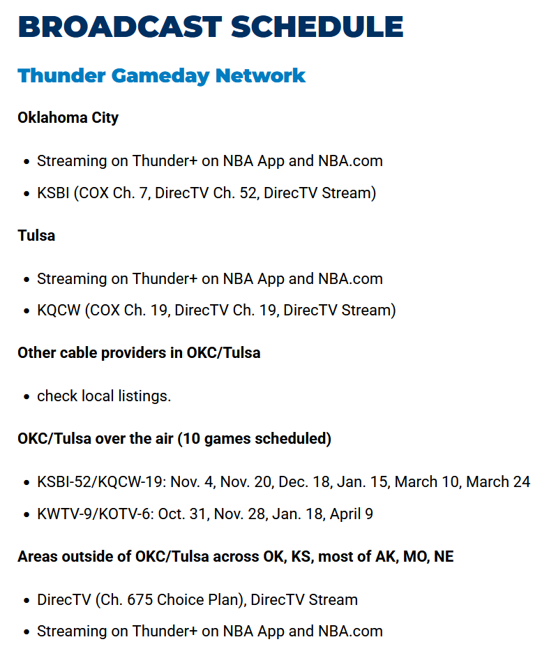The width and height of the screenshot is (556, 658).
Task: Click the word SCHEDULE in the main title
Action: pos(317,27)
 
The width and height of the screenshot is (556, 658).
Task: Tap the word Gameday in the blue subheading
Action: pos(160,76)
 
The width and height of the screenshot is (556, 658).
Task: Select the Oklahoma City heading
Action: pos(68,117)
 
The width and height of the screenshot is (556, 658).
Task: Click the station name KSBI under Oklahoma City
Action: pos(53,193)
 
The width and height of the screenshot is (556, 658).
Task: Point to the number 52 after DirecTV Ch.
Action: pos(248,193)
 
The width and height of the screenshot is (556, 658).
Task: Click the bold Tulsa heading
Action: pos(36,235)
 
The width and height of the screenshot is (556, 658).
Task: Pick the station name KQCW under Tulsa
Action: pos(59,310)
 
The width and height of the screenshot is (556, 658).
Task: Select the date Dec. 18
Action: pos(304,481)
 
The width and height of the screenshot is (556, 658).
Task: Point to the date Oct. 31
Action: pos(181,514)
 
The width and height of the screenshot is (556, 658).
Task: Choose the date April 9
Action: pos(351,514)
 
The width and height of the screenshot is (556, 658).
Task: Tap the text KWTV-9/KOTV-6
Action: pos(94,514)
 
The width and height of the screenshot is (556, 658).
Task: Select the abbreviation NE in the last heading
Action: pos(444,556)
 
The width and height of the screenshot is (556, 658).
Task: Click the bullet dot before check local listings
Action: pos(27,396)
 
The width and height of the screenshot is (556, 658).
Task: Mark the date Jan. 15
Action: pos(362,481)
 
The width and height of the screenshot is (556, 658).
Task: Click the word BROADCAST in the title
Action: pos(120,27)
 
